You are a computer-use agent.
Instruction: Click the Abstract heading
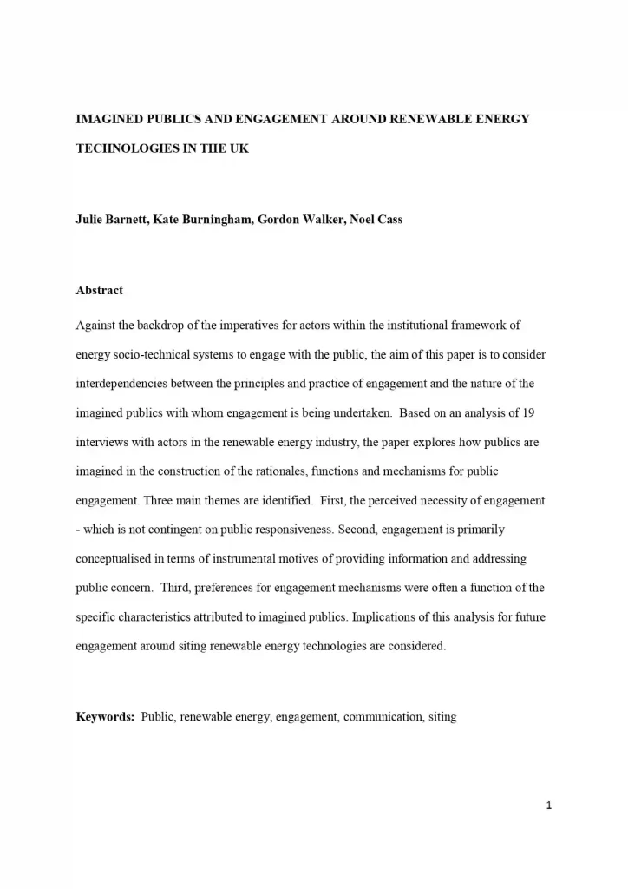point(100,290)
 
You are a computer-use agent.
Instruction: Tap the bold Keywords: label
point(105,717)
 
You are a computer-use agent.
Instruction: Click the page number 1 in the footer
point(549,806)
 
